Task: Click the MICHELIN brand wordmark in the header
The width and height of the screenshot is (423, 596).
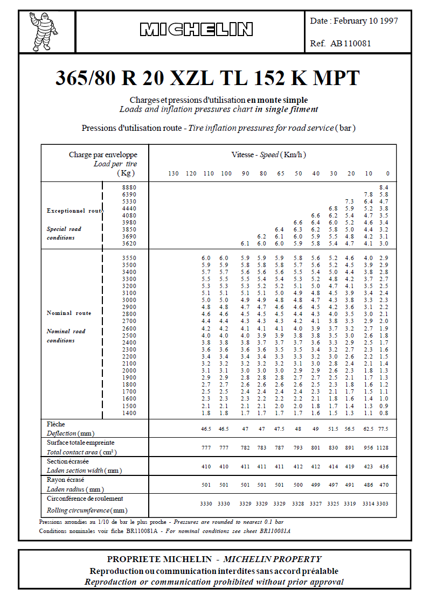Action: point(196,30)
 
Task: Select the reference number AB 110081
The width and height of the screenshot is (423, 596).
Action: point(350,44)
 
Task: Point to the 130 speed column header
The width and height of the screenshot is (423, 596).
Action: point(173,173)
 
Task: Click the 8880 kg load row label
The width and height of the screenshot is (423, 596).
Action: point(129,187)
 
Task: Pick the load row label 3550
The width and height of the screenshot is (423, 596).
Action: point(129,258)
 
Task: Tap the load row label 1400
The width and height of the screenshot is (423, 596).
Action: point(129,413)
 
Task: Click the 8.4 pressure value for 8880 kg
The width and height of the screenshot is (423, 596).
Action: point(384,187)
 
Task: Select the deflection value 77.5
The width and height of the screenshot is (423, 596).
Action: point(382,429)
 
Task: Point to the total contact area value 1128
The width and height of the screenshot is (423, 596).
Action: point(382,447)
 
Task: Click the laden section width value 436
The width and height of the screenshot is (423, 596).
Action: point(383,466)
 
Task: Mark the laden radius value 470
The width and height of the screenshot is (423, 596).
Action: point(383,485)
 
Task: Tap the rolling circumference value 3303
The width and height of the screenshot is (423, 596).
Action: point(382,503)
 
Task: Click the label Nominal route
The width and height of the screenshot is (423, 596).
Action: point(69,313)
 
